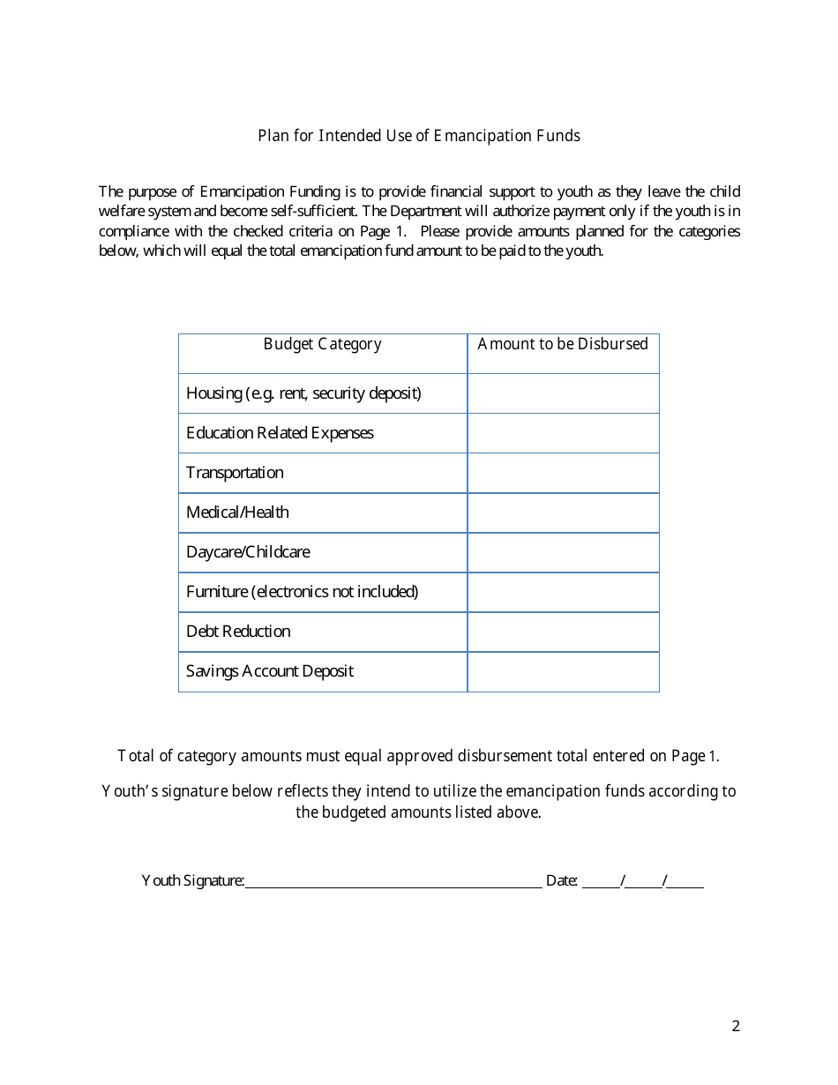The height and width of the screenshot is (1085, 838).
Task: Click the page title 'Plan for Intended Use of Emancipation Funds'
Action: click(x=419, y=136)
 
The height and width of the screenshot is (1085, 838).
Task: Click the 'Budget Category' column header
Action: click(x=322, y=344)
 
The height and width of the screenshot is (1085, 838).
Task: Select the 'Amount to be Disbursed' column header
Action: click(x=563, y=344)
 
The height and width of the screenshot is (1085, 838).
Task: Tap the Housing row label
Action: click(x=303, y=393)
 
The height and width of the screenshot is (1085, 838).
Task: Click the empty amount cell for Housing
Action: click(x=563, y=393)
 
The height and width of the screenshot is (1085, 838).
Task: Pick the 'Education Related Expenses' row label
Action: click(x=280, y=433)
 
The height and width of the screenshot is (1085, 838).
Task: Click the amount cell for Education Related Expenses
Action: click(x=563, y=433)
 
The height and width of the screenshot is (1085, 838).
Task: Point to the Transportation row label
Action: click(x=235, y=473)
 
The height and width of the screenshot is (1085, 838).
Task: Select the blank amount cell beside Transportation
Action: click(x=563, y=473)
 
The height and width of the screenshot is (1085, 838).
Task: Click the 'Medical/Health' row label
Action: click(x=237, y=513)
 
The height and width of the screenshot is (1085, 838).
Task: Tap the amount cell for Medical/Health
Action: click(x=563, y=513)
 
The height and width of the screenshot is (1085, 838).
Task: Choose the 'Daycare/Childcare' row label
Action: click(x=248, y=552)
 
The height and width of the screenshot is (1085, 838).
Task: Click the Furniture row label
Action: click(x=302, y=592)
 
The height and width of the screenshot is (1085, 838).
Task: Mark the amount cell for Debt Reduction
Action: click(x=563, y=632)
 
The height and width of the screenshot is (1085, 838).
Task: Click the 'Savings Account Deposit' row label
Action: click(x=269, y=671)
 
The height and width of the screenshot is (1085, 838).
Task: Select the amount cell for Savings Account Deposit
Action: click(x=563, y=671)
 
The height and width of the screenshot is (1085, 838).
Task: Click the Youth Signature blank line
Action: click(x=393, y=880)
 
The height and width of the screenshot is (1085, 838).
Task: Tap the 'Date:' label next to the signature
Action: click(x=562, y=880)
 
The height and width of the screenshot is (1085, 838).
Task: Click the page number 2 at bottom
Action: click(x=736, y=1026)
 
